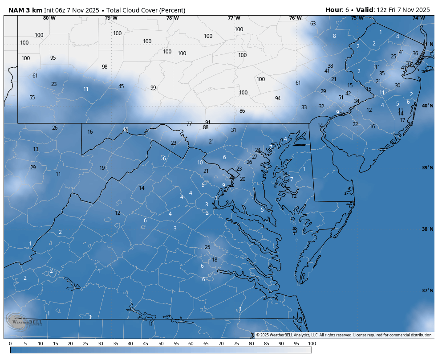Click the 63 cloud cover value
tap(313, 24)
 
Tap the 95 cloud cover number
tap(53, 58)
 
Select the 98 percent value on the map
tap(105, 67)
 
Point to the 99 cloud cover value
tap(153, 88)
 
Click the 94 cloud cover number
tap(278, 98)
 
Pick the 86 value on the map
tap(242, 111)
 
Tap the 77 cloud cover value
tap(189, 124)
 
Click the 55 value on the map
tap(32, 98)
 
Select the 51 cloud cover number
tap(341, 98)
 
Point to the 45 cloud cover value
tap(121, 86)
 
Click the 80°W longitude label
tap(49, 18)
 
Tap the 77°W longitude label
tap(234, 18)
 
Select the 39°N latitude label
tap(428, 168)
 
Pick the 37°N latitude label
tap(428, 290)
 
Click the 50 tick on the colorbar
tap(161, 344)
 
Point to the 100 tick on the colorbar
tap(312, 344)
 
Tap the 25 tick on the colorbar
tap(85, 344)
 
